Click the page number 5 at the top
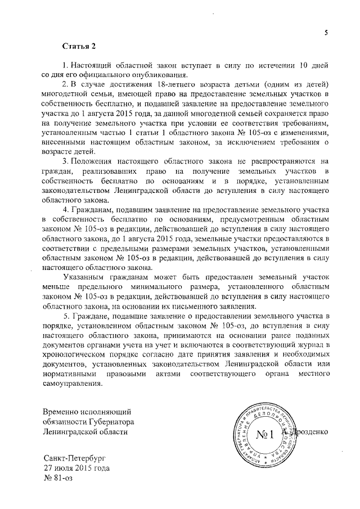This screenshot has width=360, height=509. pos(326,33)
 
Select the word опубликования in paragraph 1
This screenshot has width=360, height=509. pos(160,75)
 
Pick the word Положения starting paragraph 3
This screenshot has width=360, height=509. pos(91,161)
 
